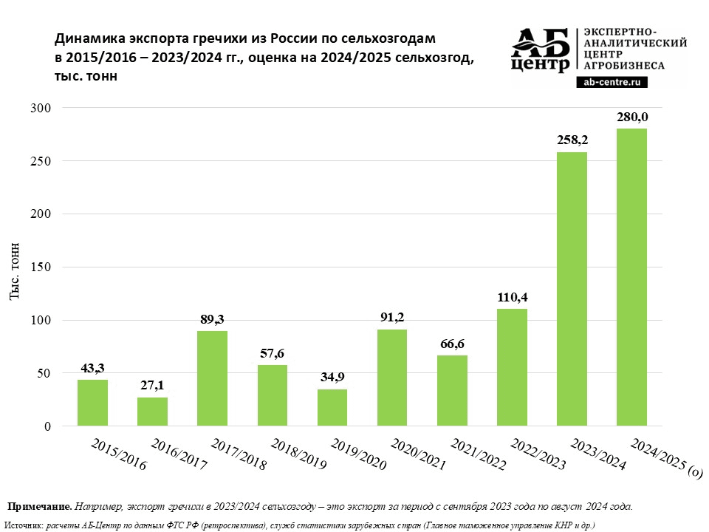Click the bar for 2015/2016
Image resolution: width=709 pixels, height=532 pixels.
92,403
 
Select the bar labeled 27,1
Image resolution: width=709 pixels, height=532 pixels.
152,412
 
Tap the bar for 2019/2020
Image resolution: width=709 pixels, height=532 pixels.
332,408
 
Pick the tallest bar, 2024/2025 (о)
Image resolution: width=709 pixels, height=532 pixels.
631,277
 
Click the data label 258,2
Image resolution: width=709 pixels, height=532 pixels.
572,140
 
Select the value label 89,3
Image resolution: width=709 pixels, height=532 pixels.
212,318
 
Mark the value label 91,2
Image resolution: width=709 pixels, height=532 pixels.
392,317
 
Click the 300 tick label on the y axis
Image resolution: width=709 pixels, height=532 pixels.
41,108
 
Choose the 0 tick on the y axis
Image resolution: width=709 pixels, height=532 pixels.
47,427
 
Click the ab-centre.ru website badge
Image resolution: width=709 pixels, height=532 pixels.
612,83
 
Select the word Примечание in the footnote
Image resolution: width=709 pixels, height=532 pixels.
39,507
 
